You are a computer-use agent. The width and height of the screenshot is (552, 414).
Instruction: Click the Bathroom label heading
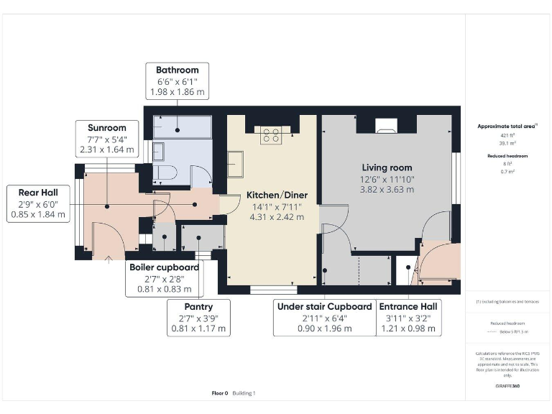177,70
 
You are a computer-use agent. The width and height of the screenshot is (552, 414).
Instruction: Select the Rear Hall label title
34,192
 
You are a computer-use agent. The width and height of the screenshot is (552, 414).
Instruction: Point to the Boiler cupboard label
164,267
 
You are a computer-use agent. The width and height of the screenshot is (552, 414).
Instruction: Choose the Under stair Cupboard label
324,306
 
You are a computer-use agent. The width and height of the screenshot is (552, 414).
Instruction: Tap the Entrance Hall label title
408,306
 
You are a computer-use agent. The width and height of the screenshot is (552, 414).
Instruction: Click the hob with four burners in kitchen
272,134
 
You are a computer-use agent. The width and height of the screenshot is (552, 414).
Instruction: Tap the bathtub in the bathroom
182,126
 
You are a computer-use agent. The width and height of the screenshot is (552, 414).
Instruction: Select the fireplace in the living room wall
387,130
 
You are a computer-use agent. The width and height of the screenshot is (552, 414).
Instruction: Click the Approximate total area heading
507,126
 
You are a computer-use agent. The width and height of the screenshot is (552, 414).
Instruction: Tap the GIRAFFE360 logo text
507,387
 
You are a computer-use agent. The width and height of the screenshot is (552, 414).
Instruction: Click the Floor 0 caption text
219,393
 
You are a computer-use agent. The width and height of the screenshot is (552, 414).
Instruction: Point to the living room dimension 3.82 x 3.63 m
387,190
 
